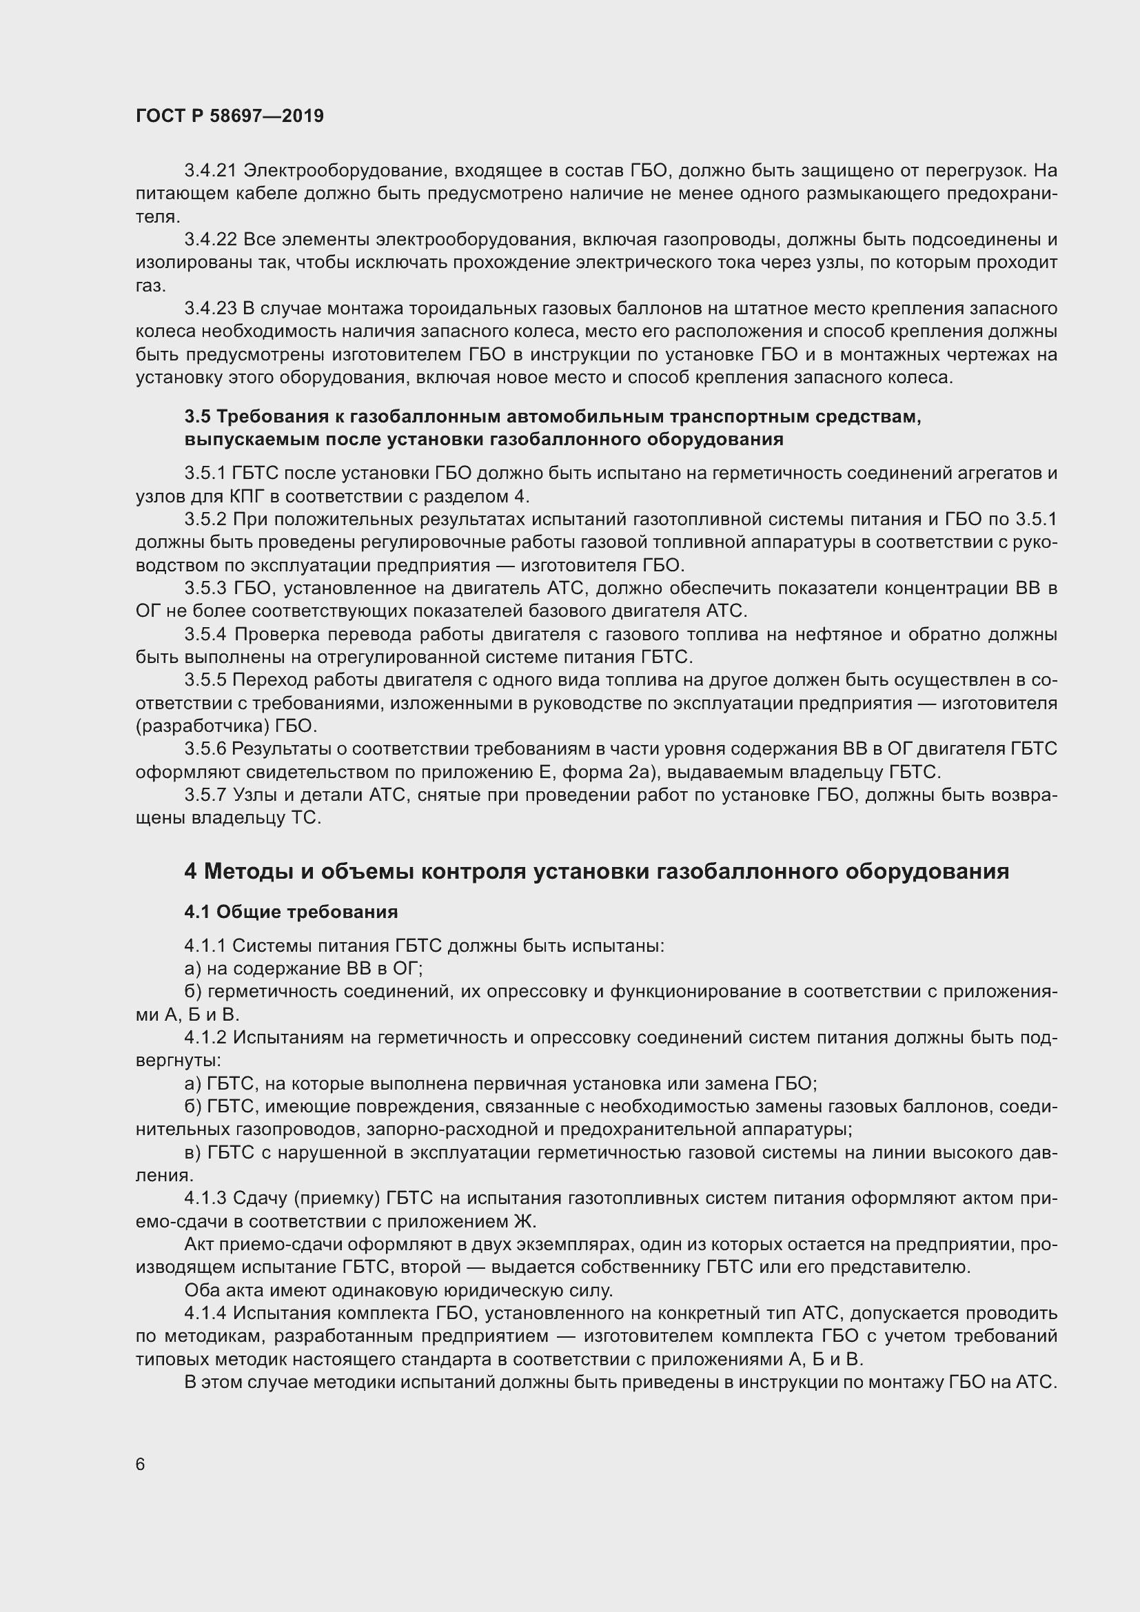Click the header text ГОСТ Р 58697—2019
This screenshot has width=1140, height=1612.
click(x=230, y=116)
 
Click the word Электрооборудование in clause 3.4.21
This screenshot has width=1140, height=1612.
click(x=344, y=171)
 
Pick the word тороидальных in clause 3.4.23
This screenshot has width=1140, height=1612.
click(x=469, y=308)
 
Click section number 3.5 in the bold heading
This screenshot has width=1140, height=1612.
click(x=197, y=417)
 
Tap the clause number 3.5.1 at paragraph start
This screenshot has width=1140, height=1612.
click(x=205, y=473)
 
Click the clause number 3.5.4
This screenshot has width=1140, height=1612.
click(x=205, y=635)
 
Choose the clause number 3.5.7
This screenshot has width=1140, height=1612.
click(x=205, y=795)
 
